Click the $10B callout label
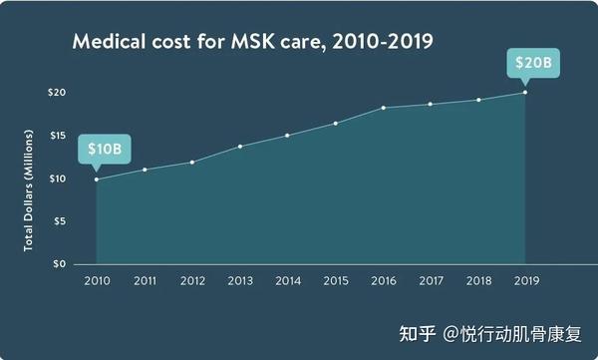(104, 150)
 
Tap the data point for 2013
(240, 146)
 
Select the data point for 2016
(384, 107)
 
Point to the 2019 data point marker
(525, 93)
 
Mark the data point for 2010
(97, 180)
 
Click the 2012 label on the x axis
(191, 282)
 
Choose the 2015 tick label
(335, 282)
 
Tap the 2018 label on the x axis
(478, 282)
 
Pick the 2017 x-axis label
(431, 282)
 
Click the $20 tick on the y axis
(57, 93)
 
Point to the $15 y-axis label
(57, 136)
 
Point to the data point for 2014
(287, 135)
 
